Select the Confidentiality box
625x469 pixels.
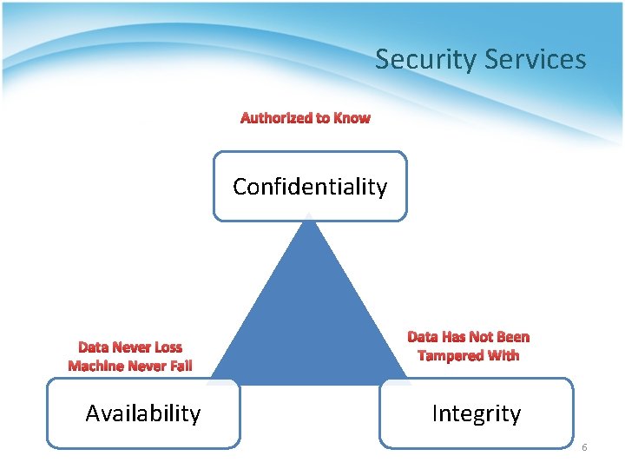pyautogui.click(x=310, y=187)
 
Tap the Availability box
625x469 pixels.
pyautogui.click(x=143, y=413)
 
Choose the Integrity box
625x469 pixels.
pyautogui.click(x=477, y=413)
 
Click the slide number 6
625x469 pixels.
pyautogui.click(x=584, y=447)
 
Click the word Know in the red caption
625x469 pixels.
pyautogui.click(x=352, y=118)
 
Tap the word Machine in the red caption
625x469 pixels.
pyautogui.click(x=95, y=366)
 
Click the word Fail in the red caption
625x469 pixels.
pyautogui.click(x=177, y=366)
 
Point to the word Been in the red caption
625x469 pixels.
pyautogui.click(x=512, y=337)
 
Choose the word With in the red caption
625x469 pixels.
pyautogui.click(x=503, y=355)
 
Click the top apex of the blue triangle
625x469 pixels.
pyautogui.click(x=309, y=219)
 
